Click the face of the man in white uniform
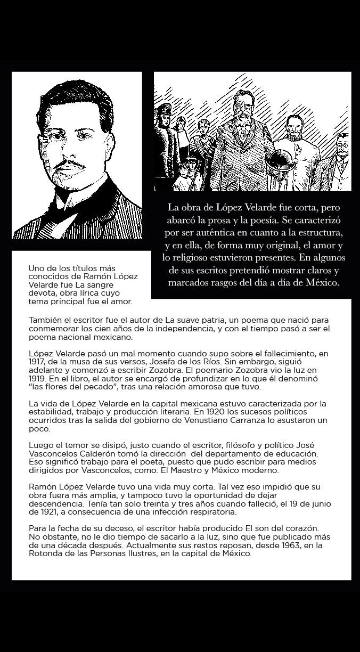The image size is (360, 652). click(295, 128)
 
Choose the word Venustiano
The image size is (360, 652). click(224, 420)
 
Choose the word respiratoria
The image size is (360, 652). click(204, 512)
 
